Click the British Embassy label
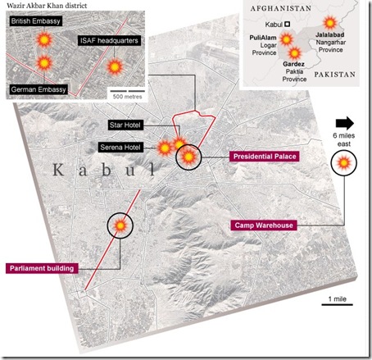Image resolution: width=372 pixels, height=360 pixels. click(35, 21)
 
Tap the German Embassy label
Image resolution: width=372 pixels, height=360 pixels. click(39, 89)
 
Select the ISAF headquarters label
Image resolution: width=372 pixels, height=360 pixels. click(109, 41)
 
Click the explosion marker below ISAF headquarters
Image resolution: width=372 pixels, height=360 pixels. click(115, 66)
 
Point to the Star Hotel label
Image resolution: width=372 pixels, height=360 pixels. click(125, 125)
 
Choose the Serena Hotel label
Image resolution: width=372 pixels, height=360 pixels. click(120, 148)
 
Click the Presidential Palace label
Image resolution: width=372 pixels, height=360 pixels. click(265, 157)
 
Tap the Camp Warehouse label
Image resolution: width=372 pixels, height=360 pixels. click(264, 226)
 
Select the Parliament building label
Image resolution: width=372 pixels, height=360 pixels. click(42, 268)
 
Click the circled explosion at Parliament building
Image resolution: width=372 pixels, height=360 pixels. click(120, 226)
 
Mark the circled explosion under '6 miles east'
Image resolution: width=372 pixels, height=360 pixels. click(344, 163)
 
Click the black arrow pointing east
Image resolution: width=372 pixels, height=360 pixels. click(345, 123)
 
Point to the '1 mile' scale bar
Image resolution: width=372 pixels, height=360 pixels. click(338, 304)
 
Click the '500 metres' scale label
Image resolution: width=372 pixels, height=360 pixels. click(127, 97)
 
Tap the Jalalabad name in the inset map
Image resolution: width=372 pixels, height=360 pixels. click(329, 34)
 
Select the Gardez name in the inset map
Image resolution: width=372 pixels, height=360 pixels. click(293, 64)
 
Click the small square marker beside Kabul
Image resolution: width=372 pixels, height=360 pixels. click(287, 24)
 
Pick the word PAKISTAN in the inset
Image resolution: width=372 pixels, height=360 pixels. click(335, 75)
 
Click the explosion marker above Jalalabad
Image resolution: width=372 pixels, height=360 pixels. click(330, 23)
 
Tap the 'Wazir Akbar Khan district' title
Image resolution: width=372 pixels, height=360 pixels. click(47, 6)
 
